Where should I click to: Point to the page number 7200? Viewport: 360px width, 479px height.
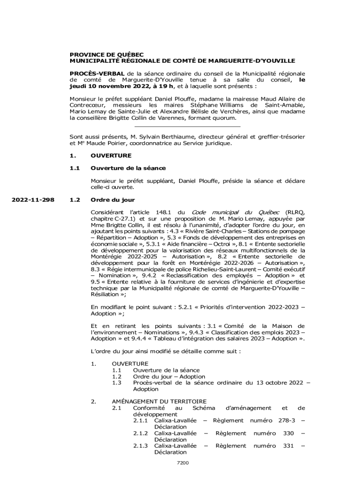click(182, 463)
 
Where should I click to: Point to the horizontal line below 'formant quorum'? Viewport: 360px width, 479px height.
click(187, 126)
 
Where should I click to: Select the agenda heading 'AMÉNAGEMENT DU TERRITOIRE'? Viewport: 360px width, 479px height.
click(158, 401)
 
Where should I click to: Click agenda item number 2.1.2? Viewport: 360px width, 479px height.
click(140, 433)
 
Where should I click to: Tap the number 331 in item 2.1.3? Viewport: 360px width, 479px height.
click(288, 446)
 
